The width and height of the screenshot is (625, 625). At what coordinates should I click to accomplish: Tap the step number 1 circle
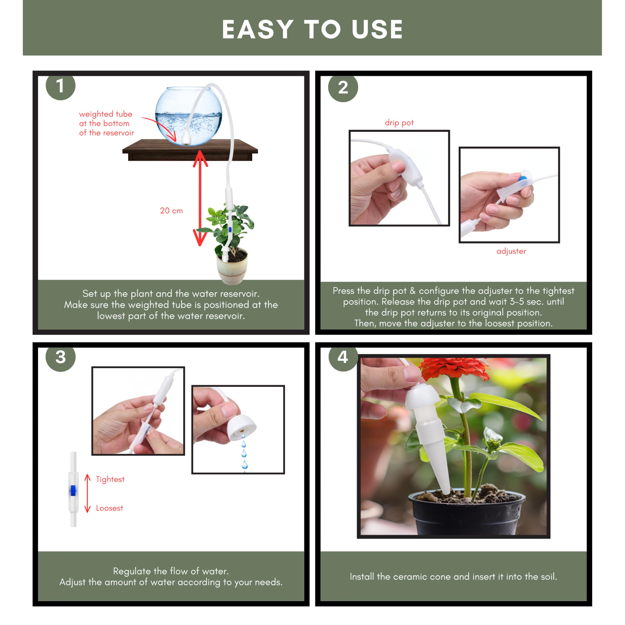coord(61,87)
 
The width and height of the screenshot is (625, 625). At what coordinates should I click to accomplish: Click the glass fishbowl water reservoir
coord(189,116)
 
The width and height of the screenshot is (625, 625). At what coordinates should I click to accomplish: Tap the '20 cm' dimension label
coord(171,211)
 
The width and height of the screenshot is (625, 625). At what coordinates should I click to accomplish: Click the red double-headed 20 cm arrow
coord(200,198)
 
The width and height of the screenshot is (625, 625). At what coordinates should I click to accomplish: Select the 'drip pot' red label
coord(399,123)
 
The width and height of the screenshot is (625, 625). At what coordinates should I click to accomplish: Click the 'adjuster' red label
coord(511,251)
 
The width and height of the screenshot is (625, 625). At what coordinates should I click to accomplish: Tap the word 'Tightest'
coord(110,479)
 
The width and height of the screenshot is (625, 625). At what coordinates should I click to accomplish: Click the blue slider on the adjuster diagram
coord(73,490)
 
